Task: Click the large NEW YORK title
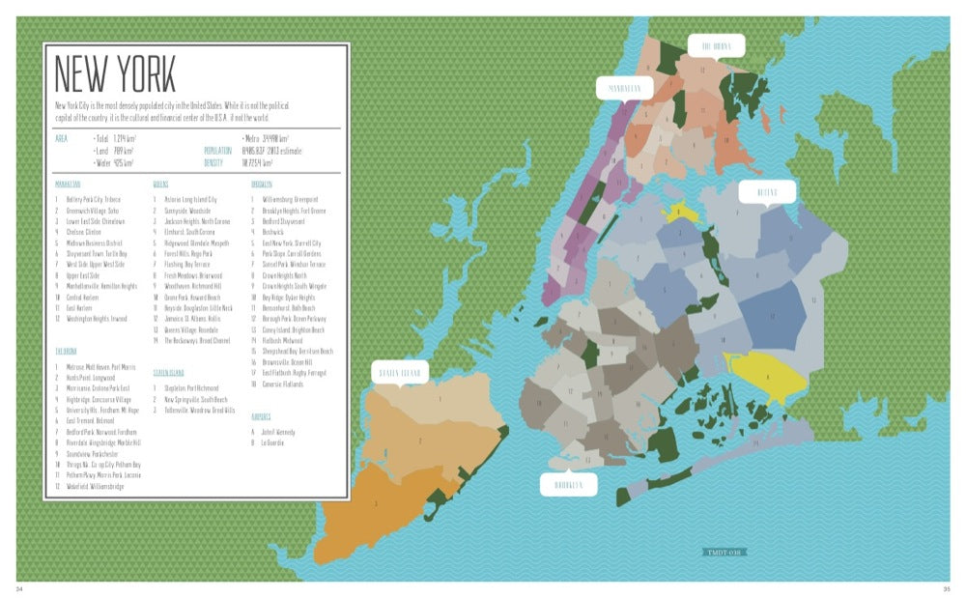[115, 73]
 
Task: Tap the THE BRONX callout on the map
[717, 45]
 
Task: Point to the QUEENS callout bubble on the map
[766, 192]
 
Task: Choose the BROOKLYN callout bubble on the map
[568, 484]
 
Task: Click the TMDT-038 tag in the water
[725, 554]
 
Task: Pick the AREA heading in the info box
[62, 138]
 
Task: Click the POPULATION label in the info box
[218, 151]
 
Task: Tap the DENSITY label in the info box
[214, 162]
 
